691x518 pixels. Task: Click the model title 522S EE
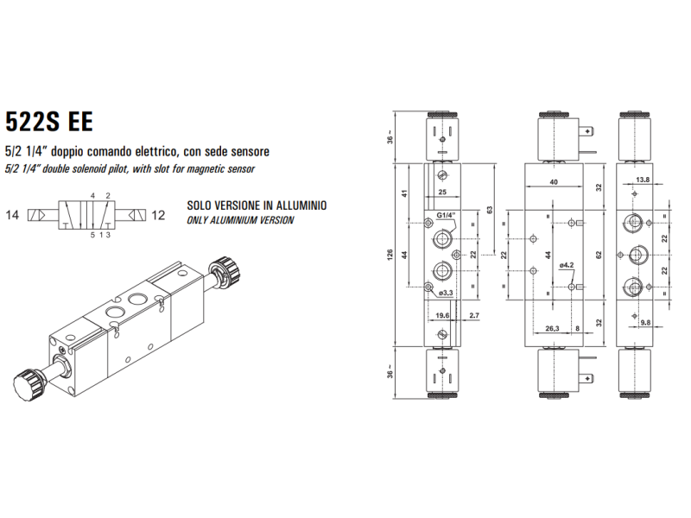(x=48, y=120)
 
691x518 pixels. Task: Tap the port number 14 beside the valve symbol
(x=13, y=214)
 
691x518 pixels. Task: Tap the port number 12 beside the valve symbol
(x=158, y=214)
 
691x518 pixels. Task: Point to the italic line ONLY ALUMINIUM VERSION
(x=240, y=220)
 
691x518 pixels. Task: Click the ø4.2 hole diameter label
(x=567, y=265)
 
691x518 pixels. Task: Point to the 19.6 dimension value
(x=443, y=317)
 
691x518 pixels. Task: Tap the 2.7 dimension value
(x=473, y=317)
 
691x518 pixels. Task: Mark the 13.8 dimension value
(x=643, y=180)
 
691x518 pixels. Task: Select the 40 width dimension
(x=553, y=182)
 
